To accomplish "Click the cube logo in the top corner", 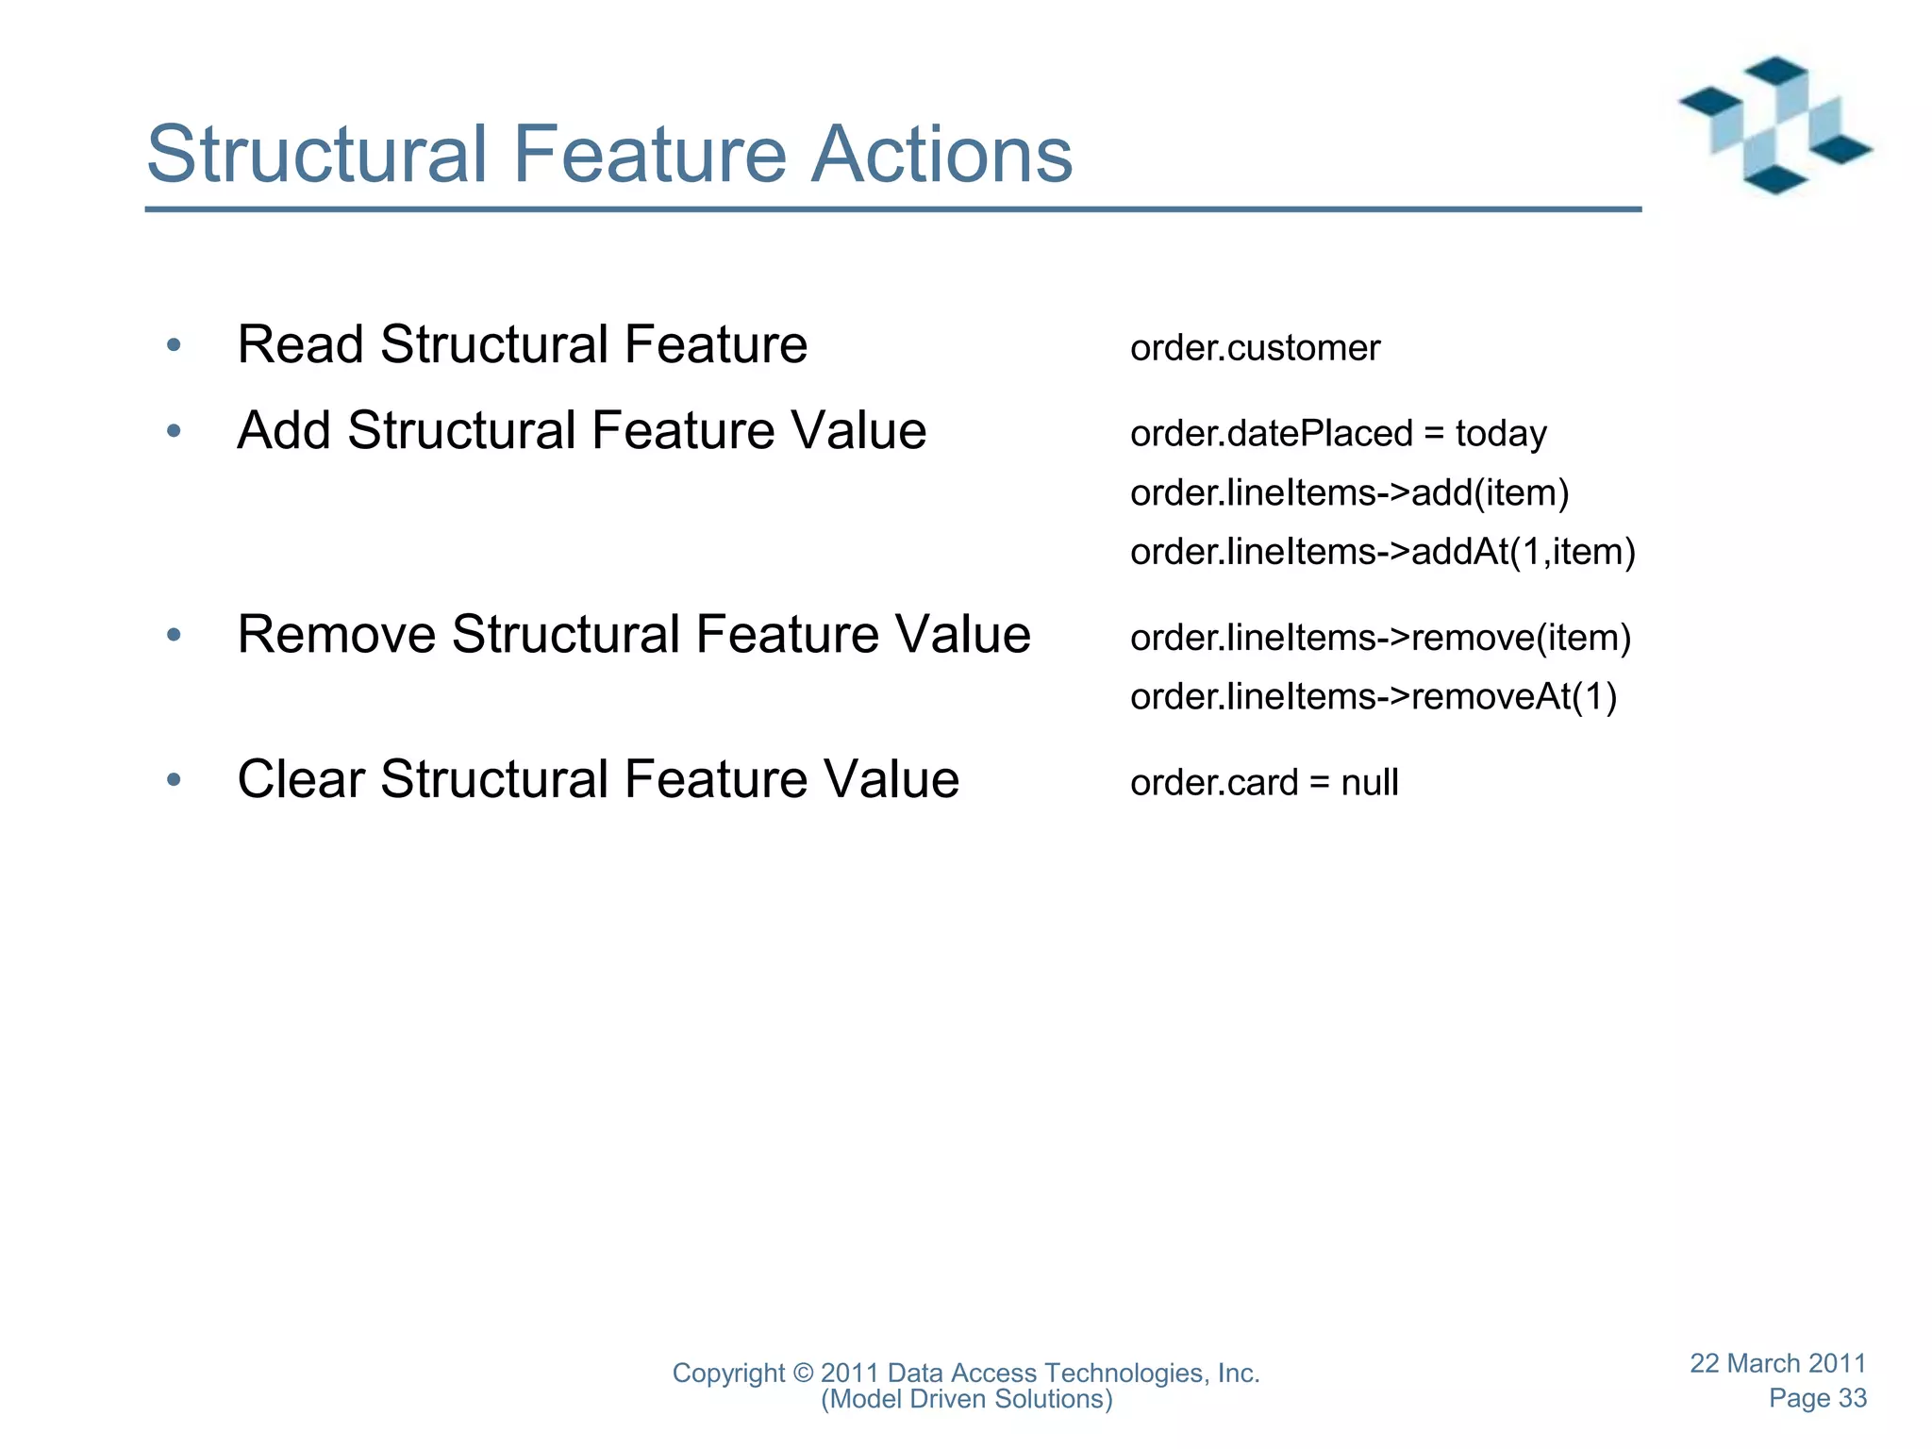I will coord(1774,125).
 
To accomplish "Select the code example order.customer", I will coord(1255,348).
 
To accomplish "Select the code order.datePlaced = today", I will coord(1338,434).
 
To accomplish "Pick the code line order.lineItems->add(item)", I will coord(1349,492).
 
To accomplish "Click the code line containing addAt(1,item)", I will coord(1382,551).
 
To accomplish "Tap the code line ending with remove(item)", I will coord(1380,638).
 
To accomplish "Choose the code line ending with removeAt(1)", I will coord(1374,696).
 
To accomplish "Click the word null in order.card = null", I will coord(1370,783).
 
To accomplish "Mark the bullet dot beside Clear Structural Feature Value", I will coord(174,780).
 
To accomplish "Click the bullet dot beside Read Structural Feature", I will coord(174,345).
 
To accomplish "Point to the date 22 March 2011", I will coord(1777,1363).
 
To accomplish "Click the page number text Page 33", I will coord(1817,1398).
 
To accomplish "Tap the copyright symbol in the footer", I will coord(803,1374).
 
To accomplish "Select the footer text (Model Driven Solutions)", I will coord(966,1399).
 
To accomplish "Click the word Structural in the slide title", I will coord(317,154).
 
